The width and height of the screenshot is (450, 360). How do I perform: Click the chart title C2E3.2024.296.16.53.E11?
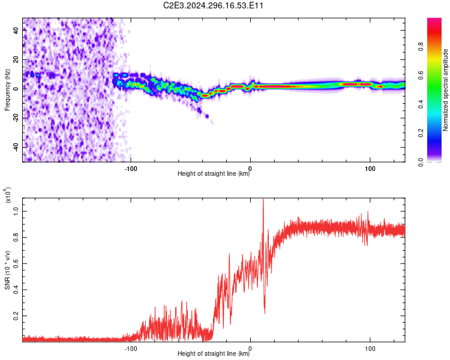tap(213, 5)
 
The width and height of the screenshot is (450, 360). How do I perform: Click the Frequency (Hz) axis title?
tap(7, 90)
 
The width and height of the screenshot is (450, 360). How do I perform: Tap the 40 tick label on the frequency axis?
tap(16, 31)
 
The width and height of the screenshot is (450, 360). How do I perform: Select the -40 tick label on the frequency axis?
tap(16, 146)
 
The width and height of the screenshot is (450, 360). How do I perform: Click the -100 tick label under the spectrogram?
tap(131, 169)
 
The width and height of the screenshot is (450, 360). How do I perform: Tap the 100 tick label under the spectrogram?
tap(370, 169)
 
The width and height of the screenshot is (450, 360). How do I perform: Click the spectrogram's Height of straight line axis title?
tap(214, 173)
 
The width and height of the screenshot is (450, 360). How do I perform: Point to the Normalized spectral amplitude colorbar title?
tap(445, 90)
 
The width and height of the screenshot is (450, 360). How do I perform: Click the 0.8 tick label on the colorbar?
tap(421, 46)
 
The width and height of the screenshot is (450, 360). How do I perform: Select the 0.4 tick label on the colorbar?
tap(421, 104)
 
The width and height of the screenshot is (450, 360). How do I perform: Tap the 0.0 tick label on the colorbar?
tap(421, 162)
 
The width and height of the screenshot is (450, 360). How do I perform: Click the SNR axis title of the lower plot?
tap(7, 270)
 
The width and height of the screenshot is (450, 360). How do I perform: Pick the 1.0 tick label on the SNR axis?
tap(16, 211)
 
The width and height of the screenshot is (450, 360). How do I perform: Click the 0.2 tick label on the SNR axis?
tap(16, 316)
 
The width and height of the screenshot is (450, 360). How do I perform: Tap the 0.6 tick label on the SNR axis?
tap(16, 263)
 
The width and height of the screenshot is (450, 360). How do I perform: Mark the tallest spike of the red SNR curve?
tap(263, 199)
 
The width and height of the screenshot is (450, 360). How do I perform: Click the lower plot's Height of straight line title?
tap(214, 353)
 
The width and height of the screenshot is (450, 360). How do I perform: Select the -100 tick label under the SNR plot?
tap(131, 349)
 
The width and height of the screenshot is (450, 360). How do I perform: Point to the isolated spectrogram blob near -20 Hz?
tap(206, 116)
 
